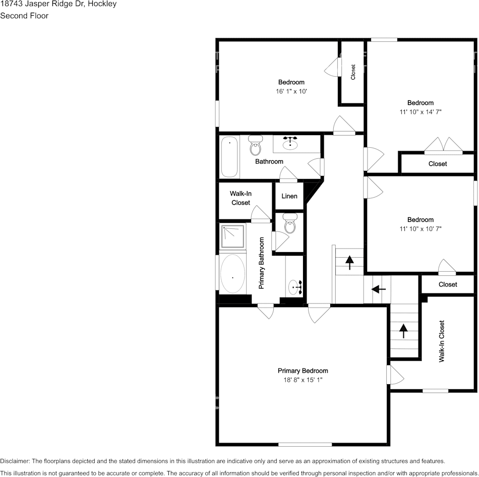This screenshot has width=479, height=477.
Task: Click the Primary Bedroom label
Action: coord(303,371)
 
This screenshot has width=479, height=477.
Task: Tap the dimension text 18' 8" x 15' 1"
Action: coord(303,380)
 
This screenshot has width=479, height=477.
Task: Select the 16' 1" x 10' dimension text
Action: coord(291,91)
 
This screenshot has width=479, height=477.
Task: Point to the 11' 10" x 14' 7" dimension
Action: coord(421,112)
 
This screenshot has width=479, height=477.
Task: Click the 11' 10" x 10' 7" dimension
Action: coord(421,228)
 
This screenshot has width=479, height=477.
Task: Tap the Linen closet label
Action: coord(289,196)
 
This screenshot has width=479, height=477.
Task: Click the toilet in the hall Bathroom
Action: coord(256,146)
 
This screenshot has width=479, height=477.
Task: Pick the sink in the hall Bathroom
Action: coord(290,144)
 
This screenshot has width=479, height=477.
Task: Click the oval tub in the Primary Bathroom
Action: coord(232,275)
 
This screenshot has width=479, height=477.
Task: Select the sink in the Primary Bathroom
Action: coord(295,288)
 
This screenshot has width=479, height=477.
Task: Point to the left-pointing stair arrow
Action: coord(378,289)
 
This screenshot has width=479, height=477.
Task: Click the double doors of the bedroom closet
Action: coord(443,146)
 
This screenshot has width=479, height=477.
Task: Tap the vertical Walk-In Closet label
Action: coord(442,341)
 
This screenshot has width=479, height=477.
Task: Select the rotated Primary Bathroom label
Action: coord(262,263)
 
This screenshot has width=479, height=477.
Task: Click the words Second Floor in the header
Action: coord(24,16)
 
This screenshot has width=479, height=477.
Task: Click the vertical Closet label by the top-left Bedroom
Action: coord(353,72)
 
